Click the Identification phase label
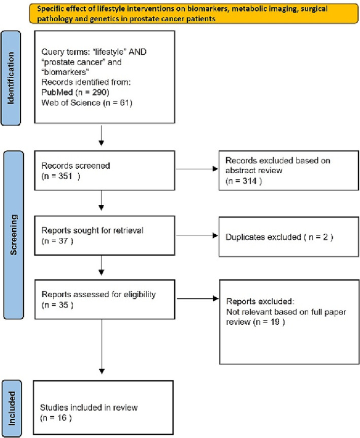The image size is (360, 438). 11,78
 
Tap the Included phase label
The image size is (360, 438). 12,408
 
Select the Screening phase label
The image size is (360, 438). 13,235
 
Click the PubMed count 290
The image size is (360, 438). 100,92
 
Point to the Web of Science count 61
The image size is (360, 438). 124,103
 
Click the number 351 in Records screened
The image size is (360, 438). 66,176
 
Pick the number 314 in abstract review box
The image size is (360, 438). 249,181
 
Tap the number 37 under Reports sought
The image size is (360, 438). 63,241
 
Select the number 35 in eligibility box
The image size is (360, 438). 63,305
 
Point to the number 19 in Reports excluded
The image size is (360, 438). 275,322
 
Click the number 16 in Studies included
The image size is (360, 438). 62,418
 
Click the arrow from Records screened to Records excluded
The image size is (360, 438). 197,169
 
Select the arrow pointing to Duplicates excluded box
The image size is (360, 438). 197,235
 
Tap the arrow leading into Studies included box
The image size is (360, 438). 102,347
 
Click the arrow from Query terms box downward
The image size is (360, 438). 102,136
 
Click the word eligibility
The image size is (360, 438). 140,295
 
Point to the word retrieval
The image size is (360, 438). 128,231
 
